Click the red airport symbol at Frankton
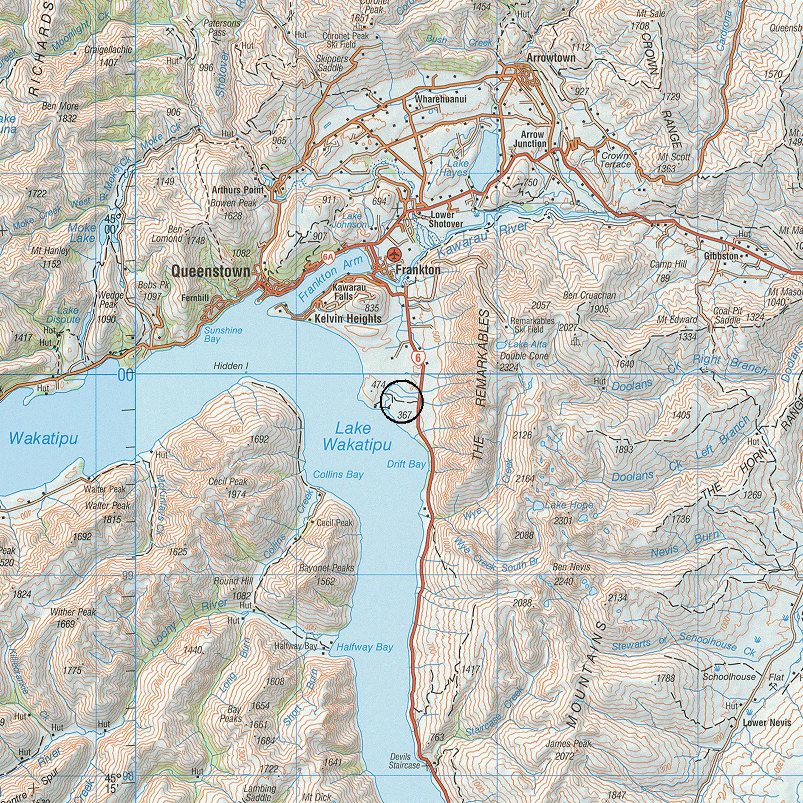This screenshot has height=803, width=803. point(394,254)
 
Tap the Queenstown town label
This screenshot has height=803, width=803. point(210,271)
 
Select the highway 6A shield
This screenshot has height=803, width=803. point(328,257)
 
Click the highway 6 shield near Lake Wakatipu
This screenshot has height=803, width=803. point(418,358)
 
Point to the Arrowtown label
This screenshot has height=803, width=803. point(551,58)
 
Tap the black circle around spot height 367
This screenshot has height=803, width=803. point(401,401)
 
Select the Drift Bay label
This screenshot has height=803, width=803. point(406,464)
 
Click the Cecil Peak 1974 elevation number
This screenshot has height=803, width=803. point(237,494)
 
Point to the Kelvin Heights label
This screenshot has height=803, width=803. point(348,319)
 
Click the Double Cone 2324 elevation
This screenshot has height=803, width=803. point(509,367)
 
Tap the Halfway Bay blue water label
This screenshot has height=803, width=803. point(365,647)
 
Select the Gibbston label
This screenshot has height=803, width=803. point(721,257)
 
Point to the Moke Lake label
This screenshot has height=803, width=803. point(82,233)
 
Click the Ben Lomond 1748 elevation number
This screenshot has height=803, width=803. point(195,240)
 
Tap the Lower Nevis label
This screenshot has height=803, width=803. point(767,722)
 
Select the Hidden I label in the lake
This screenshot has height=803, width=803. point(231,366)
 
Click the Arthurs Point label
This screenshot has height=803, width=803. point(238,190)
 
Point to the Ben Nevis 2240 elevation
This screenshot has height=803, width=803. point(563,581)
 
